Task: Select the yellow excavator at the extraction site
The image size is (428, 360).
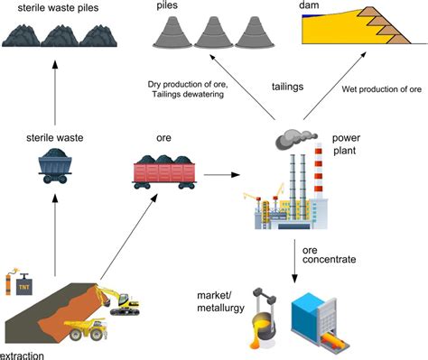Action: coord(116,298)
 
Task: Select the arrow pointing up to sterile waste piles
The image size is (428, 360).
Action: coord(55,90)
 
